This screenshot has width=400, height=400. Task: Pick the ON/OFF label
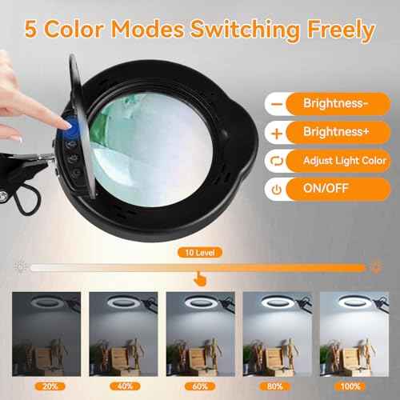tap(324, 190)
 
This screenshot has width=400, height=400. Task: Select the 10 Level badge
tap(198, 251)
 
